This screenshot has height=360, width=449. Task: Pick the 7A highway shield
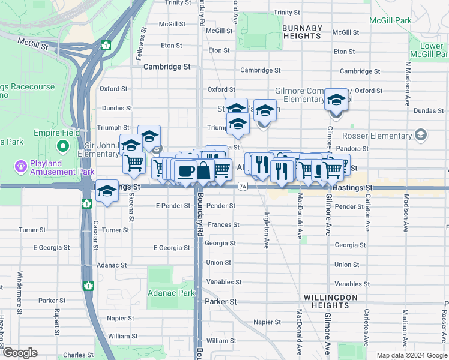click(243, 187)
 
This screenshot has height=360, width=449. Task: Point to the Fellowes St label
click(143, 46)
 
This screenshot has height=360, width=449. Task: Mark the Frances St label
click(223, 225)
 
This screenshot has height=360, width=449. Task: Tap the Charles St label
click(75, 355)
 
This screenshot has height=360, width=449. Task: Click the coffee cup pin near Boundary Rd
click(185, 170)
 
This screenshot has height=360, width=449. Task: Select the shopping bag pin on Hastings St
click(204, 170)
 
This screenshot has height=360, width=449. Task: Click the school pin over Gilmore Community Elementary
click(337, 100)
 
